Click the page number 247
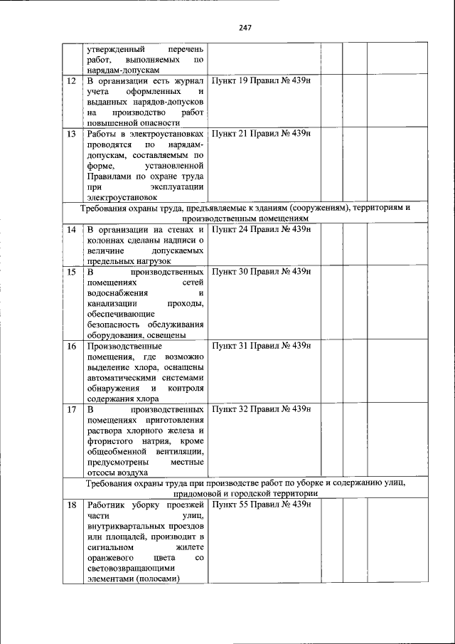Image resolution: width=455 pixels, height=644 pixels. point(246,28)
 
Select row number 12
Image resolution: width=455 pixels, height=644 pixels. point(71,81)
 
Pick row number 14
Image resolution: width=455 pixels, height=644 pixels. point(71,230)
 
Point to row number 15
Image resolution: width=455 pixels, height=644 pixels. point(71,272)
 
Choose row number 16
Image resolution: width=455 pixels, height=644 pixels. point(71,346)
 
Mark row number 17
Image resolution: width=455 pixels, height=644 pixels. point(71,410)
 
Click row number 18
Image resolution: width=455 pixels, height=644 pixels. point(71,505)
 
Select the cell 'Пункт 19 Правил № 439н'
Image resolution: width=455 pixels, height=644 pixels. point(262,81)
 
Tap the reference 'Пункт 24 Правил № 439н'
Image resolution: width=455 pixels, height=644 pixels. point(262,230)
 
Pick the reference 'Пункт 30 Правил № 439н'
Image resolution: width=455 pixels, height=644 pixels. point(262,272)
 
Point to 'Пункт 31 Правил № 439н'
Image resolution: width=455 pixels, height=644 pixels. point(262,346)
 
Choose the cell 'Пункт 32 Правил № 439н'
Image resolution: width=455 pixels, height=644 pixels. point(262,410)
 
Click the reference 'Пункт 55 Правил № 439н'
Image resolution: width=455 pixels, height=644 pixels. point(262,505)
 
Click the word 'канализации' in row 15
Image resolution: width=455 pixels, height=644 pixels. point(110,304)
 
